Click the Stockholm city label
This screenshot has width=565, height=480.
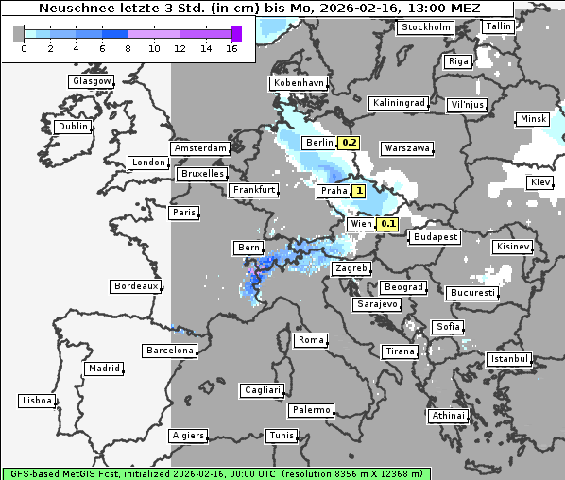pyautogui.click(x=426, y=27)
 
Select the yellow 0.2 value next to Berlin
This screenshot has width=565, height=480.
pyautogui.click(x=350, y=143)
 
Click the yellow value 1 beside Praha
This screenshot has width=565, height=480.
pyautogui.click(x=359, y=191)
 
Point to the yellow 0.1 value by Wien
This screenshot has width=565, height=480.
pyautogui.click(x=387, y=224)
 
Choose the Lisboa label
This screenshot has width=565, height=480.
pyautogui.click(x=37, y=401)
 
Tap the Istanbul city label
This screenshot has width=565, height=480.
pyautogui.click(x=509, y=359)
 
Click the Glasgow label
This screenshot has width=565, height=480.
pyautogui.click(x=92, y=81)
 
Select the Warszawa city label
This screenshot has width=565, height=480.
pyautogui.click(x=407, y=148)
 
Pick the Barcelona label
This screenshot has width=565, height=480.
pyautogui.click(x=170, y=351)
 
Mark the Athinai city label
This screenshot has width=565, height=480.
pyautogui.click(x=448, y=416)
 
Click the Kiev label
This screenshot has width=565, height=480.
pyautogui.click(x=540, y=182)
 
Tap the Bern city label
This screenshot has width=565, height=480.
pyautogui.click(x=248, y=248)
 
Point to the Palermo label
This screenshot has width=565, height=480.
pyautogui.click(x=311, y=410)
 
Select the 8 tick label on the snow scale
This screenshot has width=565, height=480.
pyautogui.click(x=128, y=48)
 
